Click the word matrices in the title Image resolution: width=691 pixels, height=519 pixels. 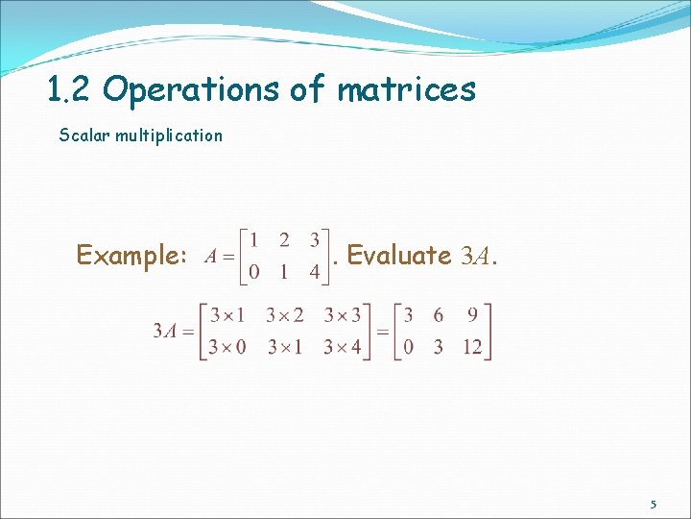click(x=406, y=89)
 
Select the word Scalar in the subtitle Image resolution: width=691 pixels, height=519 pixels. click(x=83, y=136)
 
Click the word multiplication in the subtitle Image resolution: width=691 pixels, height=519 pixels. click(x=169, y=136)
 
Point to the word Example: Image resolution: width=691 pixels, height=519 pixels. click(x=131, y=256)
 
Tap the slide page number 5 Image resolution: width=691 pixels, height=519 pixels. click(x=654, y=505)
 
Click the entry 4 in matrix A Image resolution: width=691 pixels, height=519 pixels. click(x=314, y=273)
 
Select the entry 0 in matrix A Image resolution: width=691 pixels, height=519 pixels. click(x=253, y=273)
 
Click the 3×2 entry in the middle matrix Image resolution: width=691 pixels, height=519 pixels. click(x=284, y=315)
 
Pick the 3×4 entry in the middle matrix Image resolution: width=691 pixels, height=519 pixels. click(x=343, y=346)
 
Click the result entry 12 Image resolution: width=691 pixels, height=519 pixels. click(x=471, y=346)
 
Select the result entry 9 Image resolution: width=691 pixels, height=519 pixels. click(x=472, y=315)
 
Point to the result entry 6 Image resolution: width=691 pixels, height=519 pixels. click(x=440, y=315)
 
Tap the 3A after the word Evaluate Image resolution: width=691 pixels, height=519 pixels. click(x=477, y=257)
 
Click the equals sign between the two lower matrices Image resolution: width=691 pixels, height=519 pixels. click(x=381, y=332)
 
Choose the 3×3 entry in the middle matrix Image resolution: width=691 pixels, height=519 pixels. click(x=343, y=315)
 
